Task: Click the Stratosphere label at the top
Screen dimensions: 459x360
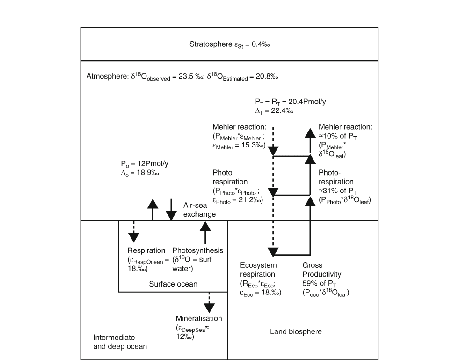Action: (211, 44)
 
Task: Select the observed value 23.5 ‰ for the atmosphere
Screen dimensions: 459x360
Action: (188, 76)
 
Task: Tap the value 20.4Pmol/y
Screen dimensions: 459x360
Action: (307, 102)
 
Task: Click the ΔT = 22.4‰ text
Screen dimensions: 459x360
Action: (274, 111)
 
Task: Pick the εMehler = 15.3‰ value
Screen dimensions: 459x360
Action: (239, 146)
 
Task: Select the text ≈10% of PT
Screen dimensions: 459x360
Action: (337, 136)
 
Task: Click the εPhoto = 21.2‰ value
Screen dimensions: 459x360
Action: (238, 200)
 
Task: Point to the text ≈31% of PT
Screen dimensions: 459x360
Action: (337, 191)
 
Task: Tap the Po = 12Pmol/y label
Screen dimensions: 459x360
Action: (145, 164)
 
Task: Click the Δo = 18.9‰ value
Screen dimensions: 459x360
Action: (140, 173)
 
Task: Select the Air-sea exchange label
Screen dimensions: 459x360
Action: (200, 210)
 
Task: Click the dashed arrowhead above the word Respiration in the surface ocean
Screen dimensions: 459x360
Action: (133, 237)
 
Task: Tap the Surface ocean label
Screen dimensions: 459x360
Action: (173, 284)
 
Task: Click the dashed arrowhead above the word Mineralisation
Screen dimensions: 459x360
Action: (209, 308)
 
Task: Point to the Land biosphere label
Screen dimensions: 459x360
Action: (296, 331)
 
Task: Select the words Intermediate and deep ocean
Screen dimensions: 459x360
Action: (120, 342)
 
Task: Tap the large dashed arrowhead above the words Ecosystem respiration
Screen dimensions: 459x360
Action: (273, 251)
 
